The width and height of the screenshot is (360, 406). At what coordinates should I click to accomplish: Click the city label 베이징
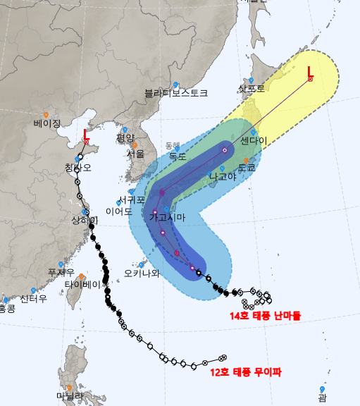coord(47,123)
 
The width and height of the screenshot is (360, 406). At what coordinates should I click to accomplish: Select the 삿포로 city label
coord(252,89)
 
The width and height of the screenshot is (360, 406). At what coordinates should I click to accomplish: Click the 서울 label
coord(136,154)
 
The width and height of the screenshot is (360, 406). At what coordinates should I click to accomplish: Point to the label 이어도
coord(118,211)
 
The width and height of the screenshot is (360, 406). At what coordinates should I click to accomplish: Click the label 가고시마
coord(167,218)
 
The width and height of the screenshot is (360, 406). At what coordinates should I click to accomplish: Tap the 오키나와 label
coord(142,273)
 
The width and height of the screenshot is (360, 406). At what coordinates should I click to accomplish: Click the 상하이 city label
coord(85,221)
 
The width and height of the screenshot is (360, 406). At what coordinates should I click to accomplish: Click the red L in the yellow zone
coord(311,70)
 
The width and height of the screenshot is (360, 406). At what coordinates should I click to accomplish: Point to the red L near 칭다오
coord(86,134)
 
